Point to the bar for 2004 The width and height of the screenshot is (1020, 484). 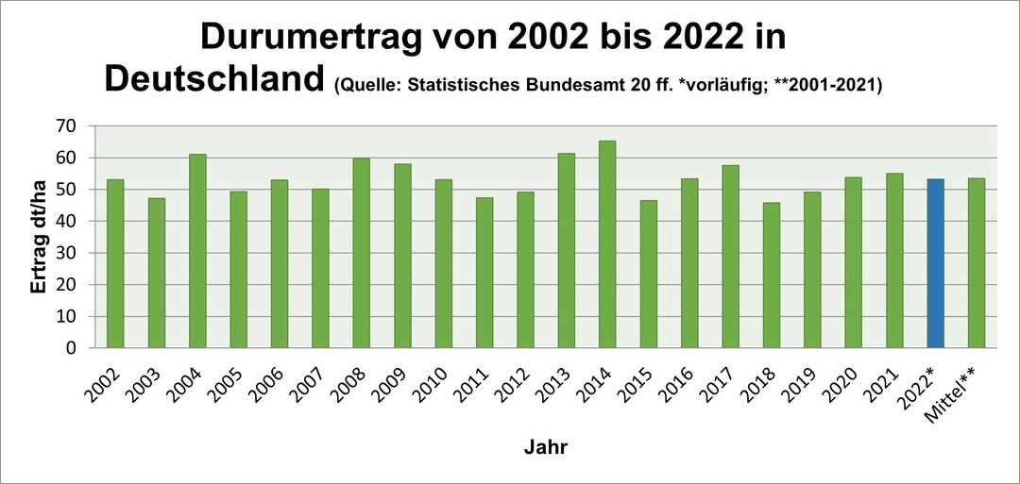pyautogui.click(x=197, y=250)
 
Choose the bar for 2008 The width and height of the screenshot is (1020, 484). pyautogui.click(x=362, y=253)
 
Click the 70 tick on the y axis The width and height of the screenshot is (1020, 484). pyautogui.click(x=65, y=125)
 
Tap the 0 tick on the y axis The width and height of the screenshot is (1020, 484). pyautogui.click(x=71, y=348)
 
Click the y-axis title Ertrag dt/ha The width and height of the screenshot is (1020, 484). pyautogui.click(x=39, y=237)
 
